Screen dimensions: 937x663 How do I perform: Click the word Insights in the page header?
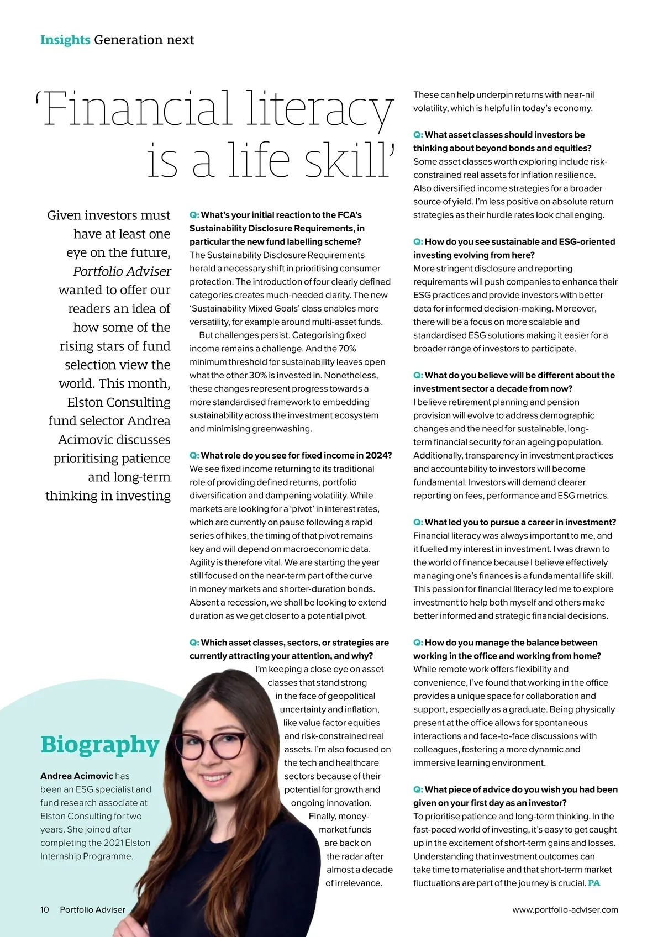point(65,40)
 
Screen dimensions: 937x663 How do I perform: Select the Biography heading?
point(100,745)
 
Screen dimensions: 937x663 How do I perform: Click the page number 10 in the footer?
point(45,909)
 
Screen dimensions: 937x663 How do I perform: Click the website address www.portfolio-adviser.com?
point(565,909)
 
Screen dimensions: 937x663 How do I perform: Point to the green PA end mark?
point(594,883)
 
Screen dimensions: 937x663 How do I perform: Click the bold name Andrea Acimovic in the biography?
point(76,776)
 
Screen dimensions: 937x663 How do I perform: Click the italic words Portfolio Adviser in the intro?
point(122,271)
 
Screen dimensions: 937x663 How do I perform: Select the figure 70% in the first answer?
point(346,349)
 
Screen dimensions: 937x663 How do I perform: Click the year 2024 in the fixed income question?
point(380,455)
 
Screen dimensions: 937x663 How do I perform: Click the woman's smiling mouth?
point(217,780)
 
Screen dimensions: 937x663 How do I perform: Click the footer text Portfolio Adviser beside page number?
point(92,909)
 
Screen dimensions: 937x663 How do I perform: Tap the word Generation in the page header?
point(120,40)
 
